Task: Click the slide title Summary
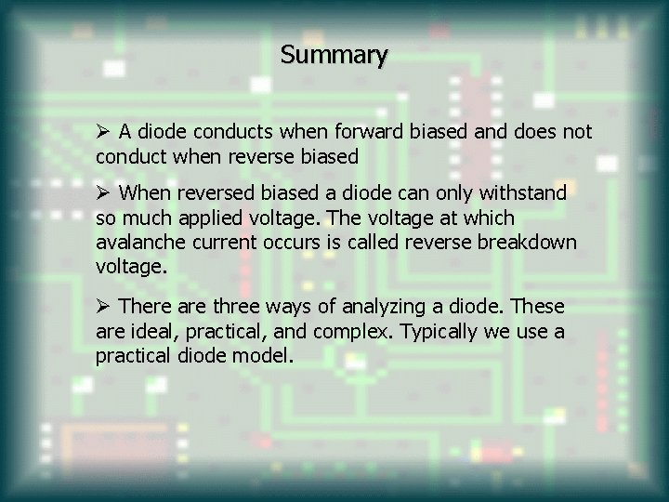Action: click(x=334, y=56)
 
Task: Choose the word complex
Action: click(x=357, y=330)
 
